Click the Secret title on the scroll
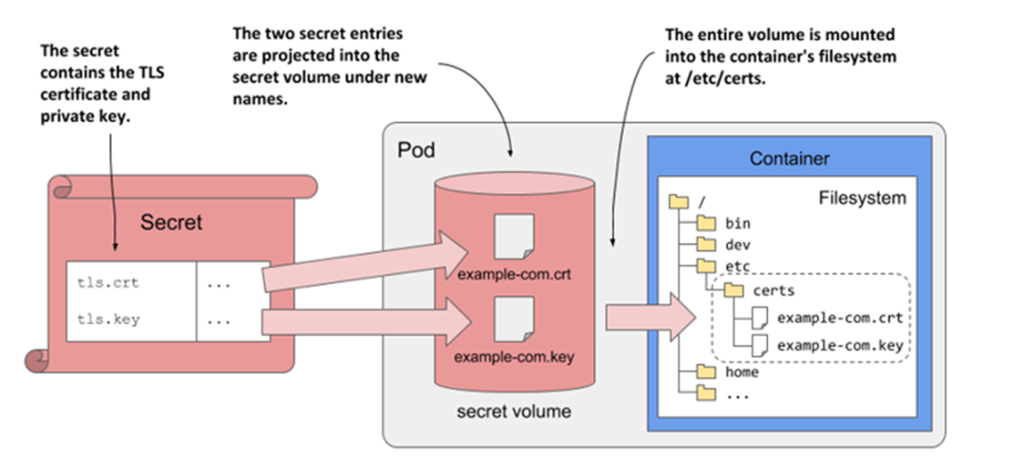(x=171, y=222)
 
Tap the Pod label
(x=415, y=151)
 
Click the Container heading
(x=789, y=159)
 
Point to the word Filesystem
(x=862, y=198)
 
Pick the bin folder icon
(x=707, y=223)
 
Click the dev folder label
(x=736, y=245)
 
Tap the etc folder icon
(x=707, y=267)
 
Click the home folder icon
(x=707, y=372)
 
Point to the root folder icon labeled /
(x=679, y=200)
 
